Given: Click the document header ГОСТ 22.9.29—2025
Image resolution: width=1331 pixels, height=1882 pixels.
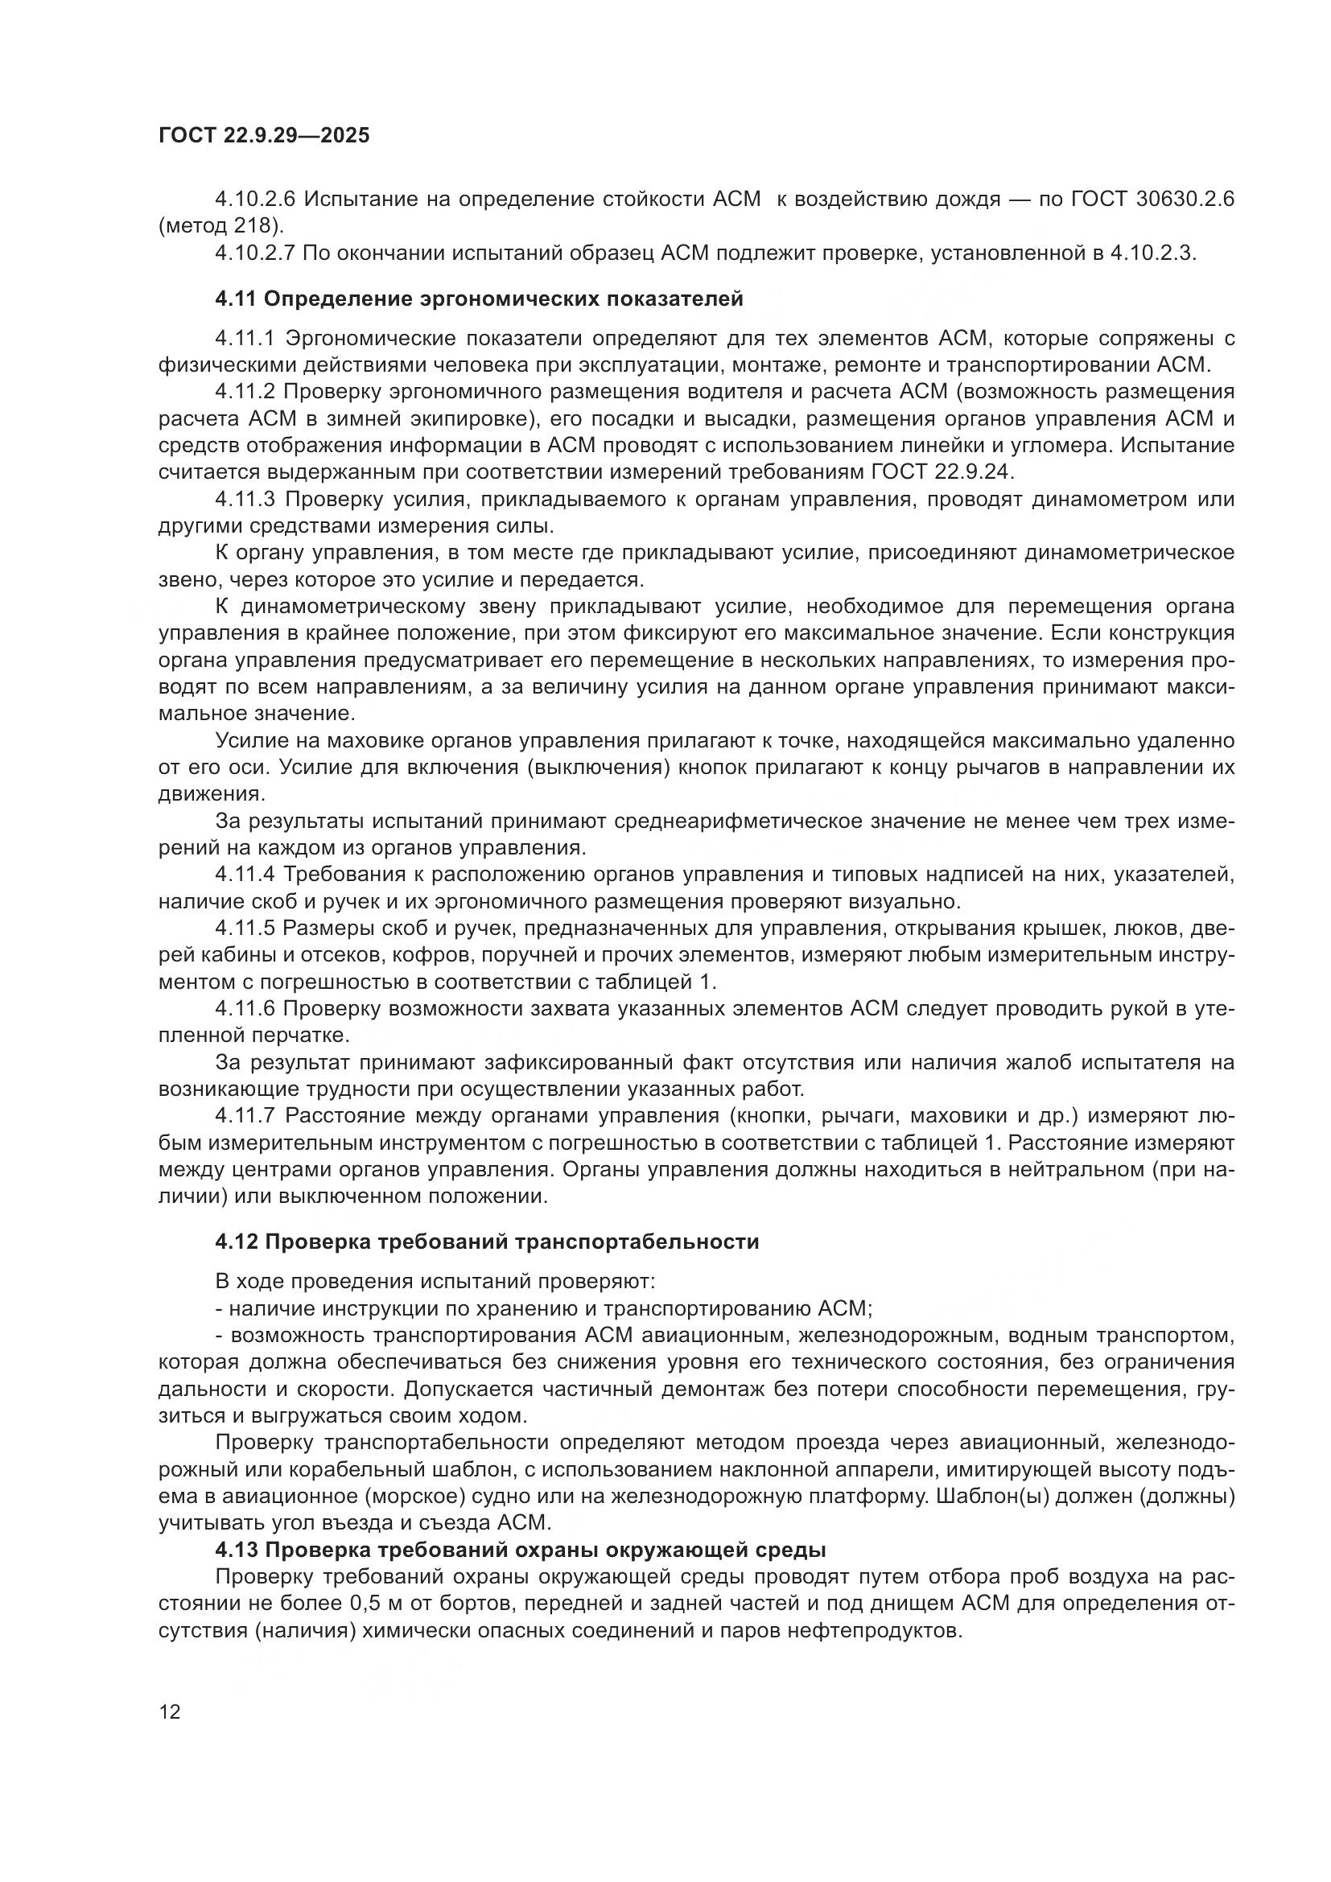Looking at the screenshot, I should tap(264, 136).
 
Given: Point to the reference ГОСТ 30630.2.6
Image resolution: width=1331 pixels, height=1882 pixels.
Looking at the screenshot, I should tap(1153, 200).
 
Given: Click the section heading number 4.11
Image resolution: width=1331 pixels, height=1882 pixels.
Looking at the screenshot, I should tap(235, 299).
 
